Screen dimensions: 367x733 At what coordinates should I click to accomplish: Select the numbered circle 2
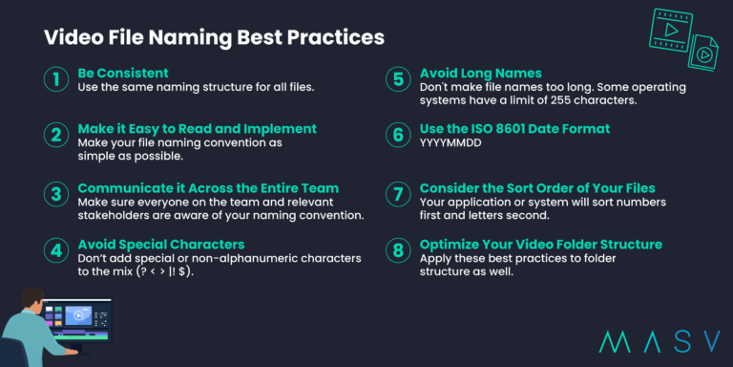[x=57, y=136]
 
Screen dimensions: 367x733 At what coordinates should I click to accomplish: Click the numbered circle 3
[x=57, y=194]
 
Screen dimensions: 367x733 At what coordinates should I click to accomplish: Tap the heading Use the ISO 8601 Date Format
[x=514, y=128]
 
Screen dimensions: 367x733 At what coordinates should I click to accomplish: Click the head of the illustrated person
[x=31, y=299]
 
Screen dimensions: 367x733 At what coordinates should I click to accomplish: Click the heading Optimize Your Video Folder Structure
[x=540, y=245]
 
